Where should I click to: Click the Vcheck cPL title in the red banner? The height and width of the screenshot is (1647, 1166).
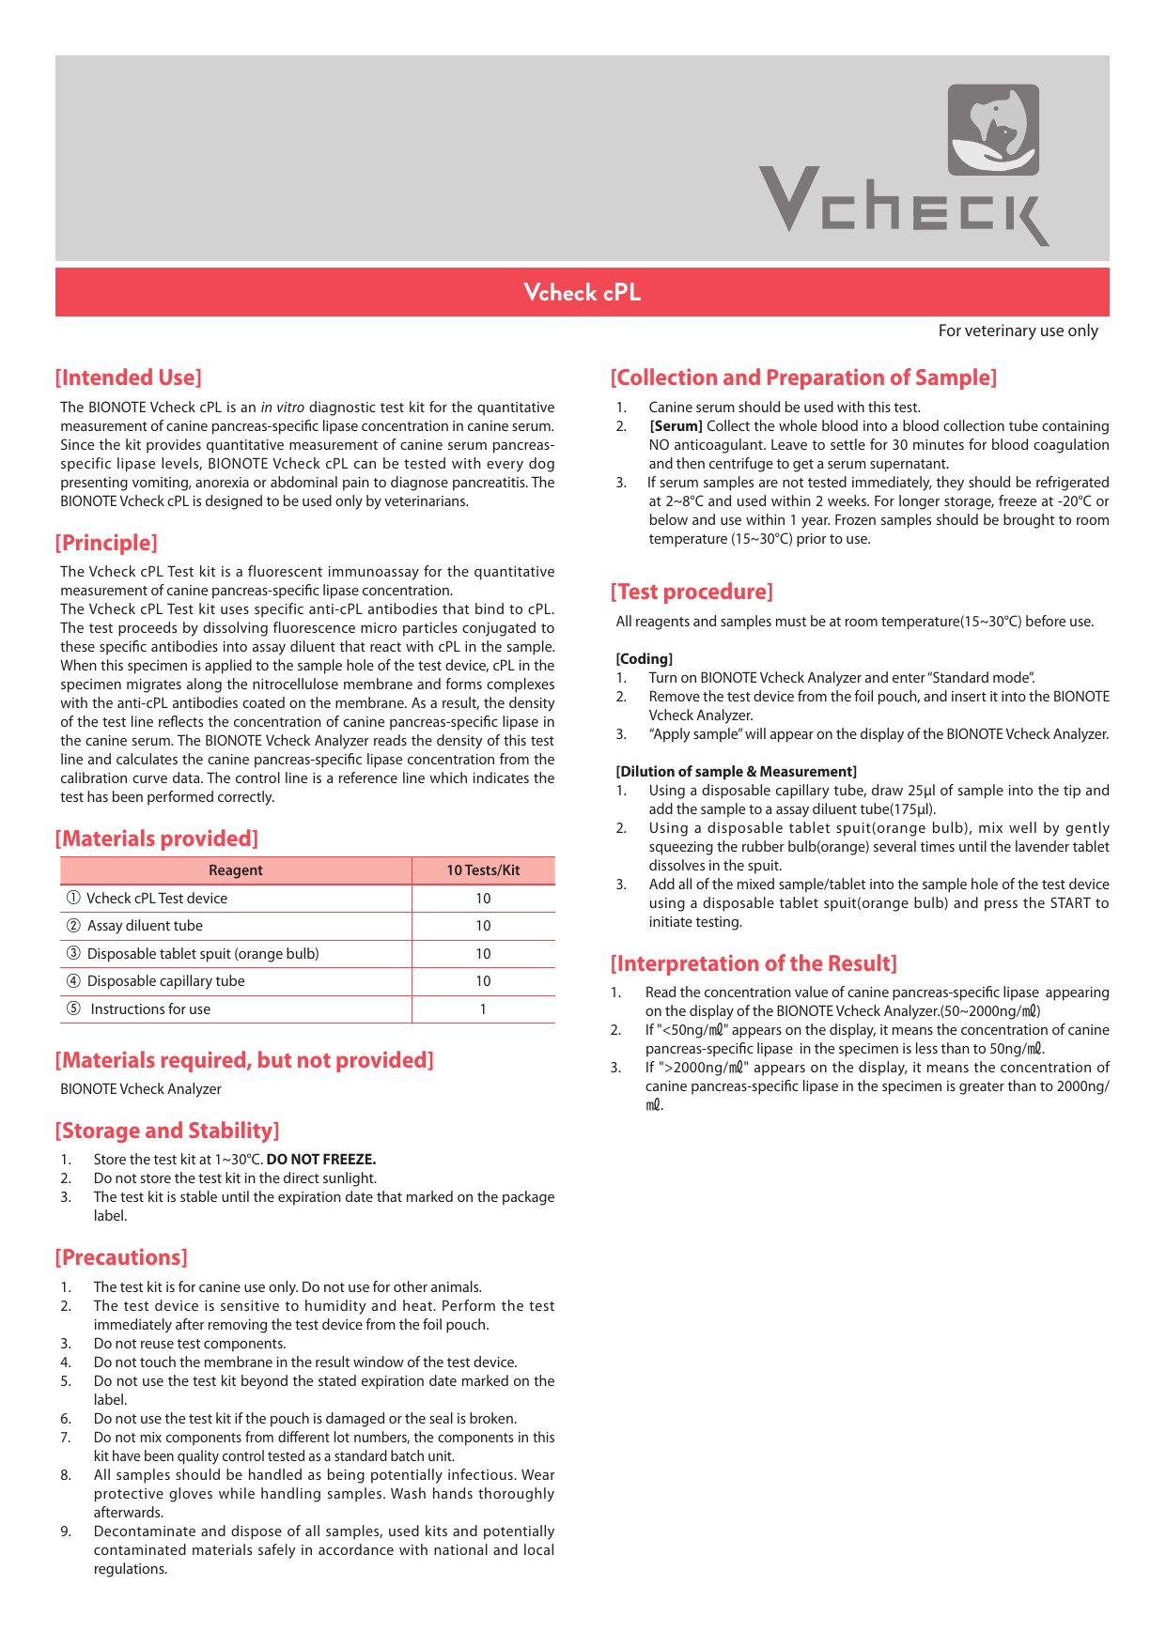(x=582, y=293)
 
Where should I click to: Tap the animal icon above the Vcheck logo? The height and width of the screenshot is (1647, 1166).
(x=993, y=130)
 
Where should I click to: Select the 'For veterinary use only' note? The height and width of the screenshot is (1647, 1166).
(x=1018, y=331)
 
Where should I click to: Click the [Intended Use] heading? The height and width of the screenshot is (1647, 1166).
(x=129, y=377)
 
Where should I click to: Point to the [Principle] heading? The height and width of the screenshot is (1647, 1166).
(x=106, y=543)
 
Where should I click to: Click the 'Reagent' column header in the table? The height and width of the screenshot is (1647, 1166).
(x=235, y=870)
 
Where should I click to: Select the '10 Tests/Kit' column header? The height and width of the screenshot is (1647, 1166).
(x=483, y=870)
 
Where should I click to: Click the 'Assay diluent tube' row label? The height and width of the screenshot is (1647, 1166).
(x=145, y=926)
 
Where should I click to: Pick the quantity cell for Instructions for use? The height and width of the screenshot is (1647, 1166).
(x=483, y=1009)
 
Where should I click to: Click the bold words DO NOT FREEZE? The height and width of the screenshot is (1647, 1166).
(x=321, y=1160)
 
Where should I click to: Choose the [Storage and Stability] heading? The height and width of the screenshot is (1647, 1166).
(x=167, y=1131)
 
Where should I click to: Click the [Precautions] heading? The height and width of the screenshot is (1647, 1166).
(x=121, y=1257)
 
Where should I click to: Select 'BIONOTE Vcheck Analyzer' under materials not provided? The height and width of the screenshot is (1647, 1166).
(x=141, y=1089)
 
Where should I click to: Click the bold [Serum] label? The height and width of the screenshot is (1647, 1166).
(x=676, y=426)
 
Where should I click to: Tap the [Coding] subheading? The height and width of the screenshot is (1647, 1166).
(x=645, y=659)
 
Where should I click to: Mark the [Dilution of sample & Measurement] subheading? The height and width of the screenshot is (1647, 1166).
(x=736, y=772)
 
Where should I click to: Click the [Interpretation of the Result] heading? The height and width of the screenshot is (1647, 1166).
(x=754, y=963)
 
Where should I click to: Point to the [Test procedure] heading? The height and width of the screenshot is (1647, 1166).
(x=692, y=592)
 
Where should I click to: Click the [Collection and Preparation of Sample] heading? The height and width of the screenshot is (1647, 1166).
(x=803, y=377)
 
